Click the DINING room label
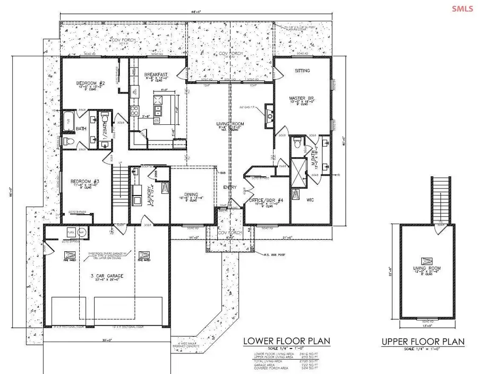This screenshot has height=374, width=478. (x=190, y=194)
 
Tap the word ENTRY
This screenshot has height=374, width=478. (x=229, y=187)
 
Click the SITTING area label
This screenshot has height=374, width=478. (x=303, y=70)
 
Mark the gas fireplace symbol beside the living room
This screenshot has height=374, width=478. (x=269, y=116)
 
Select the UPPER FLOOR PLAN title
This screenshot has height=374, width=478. (x=423, y=341)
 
